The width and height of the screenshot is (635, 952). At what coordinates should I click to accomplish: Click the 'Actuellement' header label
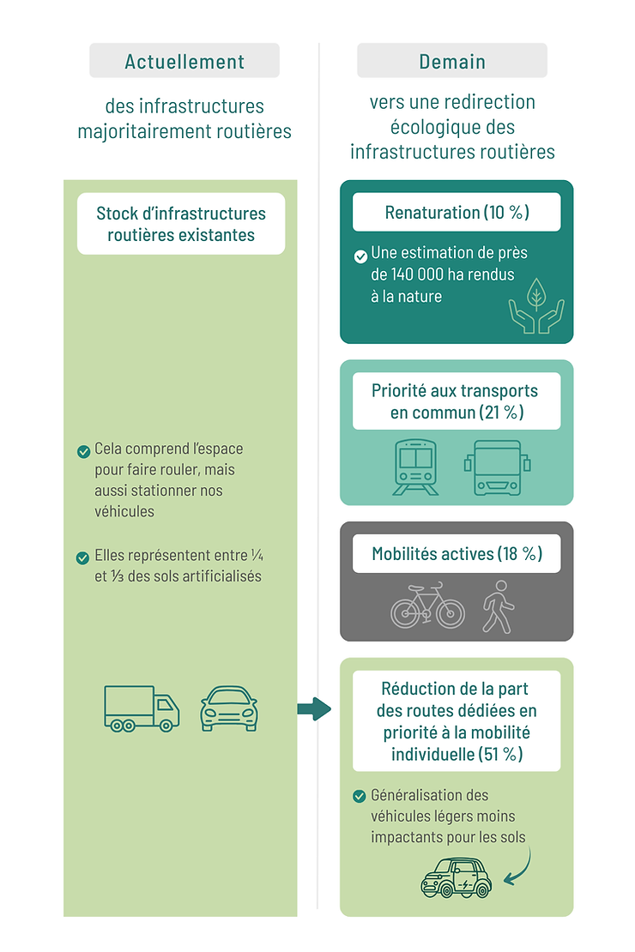184,61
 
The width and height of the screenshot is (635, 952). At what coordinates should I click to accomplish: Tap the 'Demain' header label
452,61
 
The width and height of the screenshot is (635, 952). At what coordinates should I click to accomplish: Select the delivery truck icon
142,708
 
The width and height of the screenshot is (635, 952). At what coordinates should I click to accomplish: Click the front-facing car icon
229,708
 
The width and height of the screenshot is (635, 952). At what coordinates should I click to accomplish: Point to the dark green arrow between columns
314,708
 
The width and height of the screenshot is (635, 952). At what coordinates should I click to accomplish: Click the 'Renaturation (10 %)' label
457,212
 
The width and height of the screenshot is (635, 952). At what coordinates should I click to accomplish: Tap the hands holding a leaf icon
536,305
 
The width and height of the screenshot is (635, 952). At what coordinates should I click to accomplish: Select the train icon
415,467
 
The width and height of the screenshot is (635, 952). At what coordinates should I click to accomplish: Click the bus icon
498,467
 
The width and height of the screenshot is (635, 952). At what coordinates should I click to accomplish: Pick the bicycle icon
428,606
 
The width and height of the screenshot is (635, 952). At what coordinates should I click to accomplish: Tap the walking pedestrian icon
499,606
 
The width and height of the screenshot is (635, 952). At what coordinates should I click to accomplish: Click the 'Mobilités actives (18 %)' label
457,554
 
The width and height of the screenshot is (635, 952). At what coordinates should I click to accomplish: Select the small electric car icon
457,877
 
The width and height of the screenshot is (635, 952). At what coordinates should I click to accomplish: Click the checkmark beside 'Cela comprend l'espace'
84,452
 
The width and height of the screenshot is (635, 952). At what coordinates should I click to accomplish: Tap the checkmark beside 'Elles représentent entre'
82,558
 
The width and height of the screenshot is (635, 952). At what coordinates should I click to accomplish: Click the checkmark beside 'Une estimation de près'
360,256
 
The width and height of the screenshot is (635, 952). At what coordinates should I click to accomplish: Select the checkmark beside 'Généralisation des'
360,796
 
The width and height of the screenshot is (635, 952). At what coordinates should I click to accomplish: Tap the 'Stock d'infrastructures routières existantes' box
181,224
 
